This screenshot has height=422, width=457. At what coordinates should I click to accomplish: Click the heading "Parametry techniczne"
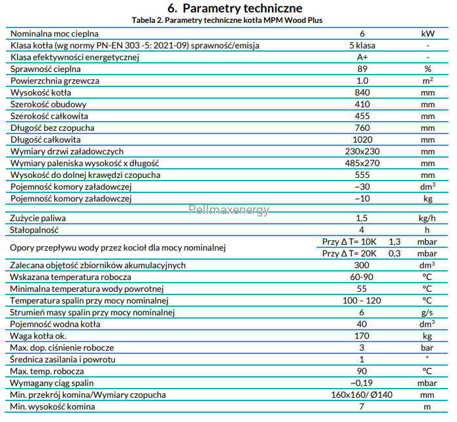click(x=242, y=8)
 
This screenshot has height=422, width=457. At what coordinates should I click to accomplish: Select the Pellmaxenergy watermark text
click(x=229, y=209)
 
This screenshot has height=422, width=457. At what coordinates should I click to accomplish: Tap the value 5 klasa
click(x=362, y=46)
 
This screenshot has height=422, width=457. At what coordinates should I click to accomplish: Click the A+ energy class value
click(x=362, y=57)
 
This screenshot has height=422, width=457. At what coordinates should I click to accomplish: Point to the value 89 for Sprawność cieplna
click(x=362, y=69)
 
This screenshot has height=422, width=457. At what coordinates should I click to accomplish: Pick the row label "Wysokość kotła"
click(x=41, y=92)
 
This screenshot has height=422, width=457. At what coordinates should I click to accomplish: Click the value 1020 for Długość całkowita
click(x=362, y=140)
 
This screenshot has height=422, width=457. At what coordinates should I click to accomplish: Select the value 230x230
click(x=362, y=151)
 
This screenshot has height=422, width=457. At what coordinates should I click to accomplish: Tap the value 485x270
click(x=362, y=163)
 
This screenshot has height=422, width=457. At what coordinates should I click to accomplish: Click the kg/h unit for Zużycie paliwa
click(x=427, y=218)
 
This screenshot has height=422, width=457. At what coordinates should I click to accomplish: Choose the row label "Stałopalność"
click(x=34, y=230)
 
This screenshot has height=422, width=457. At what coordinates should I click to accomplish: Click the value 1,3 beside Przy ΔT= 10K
click(x=395, y=242)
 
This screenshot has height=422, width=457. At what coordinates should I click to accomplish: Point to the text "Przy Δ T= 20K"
click(x=349, y=253)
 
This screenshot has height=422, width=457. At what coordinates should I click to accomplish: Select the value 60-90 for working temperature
click(x=362, y=277)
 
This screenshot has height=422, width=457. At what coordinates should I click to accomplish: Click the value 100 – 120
click(x=362, y=300)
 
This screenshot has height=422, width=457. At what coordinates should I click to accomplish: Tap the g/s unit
click(x=427, y=313)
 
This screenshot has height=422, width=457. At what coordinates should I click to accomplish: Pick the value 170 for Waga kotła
click(x=362, y=336)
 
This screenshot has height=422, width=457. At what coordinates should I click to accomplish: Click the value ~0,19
click(x=362, y=383)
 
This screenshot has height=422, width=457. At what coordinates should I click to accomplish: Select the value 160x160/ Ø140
click(x=362, y=395)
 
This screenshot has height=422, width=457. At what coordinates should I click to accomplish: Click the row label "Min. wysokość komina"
click(x=52, y=406)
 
